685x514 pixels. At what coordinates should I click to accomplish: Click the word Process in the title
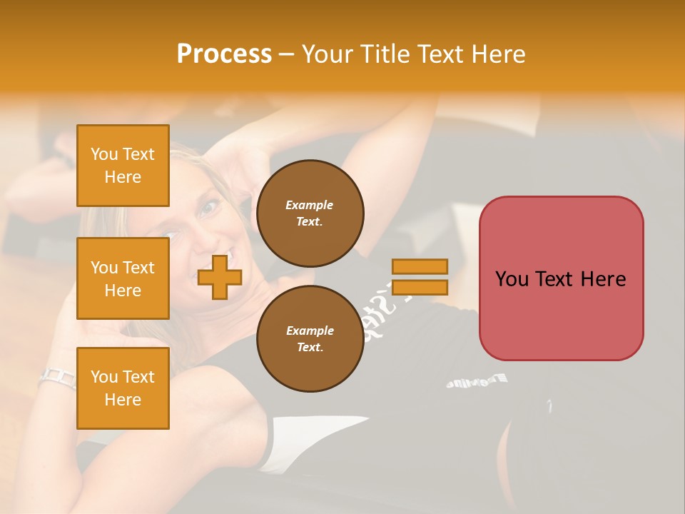coord(224,54)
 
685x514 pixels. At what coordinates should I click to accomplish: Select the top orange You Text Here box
coord(123,166)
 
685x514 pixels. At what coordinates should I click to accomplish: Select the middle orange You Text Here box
coord(123,278)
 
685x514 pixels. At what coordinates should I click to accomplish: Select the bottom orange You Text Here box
coord(123,388)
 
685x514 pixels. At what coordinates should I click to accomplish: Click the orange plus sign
coord(219,277)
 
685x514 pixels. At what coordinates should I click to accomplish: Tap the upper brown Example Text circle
coord(310,213)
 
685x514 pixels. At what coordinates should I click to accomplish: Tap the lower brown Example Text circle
coord(310,339)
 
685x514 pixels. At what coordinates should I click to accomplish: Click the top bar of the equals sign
coord(420,266)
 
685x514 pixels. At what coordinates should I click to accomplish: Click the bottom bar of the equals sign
coord(420,287)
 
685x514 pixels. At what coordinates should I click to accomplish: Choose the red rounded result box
coord(561,278)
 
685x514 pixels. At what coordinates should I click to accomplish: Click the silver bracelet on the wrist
coord(59,377)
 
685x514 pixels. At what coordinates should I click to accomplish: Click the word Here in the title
coord(498,54)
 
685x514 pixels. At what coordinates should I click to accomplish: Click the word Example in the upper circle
coord(310,206)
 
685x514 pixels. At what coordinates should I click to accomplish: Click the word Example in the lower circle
coord(310,331)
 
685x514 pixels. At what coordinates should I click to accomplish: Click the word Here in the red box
coord(603,279)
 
